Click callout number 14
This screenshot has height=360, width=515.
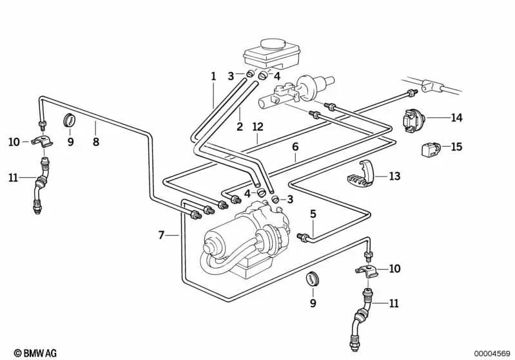[x=457, y=118]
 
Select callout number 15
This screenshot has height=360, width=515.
[x=456, y=147]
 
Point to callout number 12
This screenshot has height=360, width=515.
[x=258, y=127]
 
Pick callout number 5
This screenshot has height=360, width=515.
[x=313, y=214]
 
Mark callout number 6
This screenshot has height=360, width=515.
[x=295, y=147]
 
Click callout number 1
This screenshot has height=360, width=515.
[x=213, y=77]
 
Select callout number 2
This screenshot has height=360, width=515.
[x=239, y=127]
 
